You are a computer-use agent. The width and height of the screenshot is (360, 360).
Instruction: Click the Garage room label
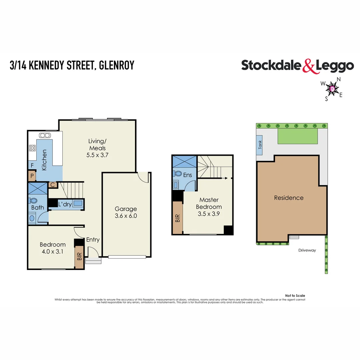(x=126, y=209)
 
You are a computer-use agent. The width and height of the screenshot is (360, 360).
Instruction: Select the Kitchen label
(x=44, y=160)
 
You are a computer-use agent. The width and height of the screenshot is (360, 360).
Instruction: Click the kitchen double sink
(x=44, y=135)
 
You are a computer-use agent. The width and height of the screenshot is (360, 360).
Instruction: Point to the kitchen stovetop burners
(x=32, y=148)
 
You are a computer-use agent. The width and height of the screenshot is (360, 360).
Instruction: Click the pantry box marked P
(x=32, y=176)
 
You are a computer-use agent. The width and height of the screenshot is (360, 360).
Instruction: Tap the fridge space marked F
(x=32, y=165)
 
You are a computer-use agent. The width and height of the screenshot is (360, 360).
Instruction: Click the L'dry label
(x=65, y=204)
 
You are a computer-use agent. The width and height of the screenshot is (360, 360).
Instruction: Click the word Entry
(x=93, y=240)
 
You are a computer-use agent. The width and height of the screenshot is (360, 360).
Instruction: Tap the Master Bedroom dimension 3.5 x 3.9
(x=209, y=214)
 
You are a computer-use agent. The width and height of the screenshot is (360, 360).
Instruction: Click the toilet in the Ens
(x=177, y=174)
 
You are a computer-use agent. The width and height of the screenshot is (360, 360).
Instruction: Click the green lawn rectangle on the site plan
(x=297, y=136)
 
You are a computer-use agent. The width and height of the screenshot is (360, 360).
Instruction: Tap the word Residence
(x=289, y=198)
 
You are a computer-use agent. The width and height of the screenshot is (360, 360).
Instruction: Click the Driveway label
(x=307, y=250)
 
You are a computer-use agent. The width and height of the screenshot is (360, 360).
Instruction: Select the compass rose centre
(x=332, y=89)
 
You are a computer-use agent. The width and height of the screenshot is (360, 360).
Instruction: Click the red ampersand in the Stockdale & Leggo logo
(x=309, y=66)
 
